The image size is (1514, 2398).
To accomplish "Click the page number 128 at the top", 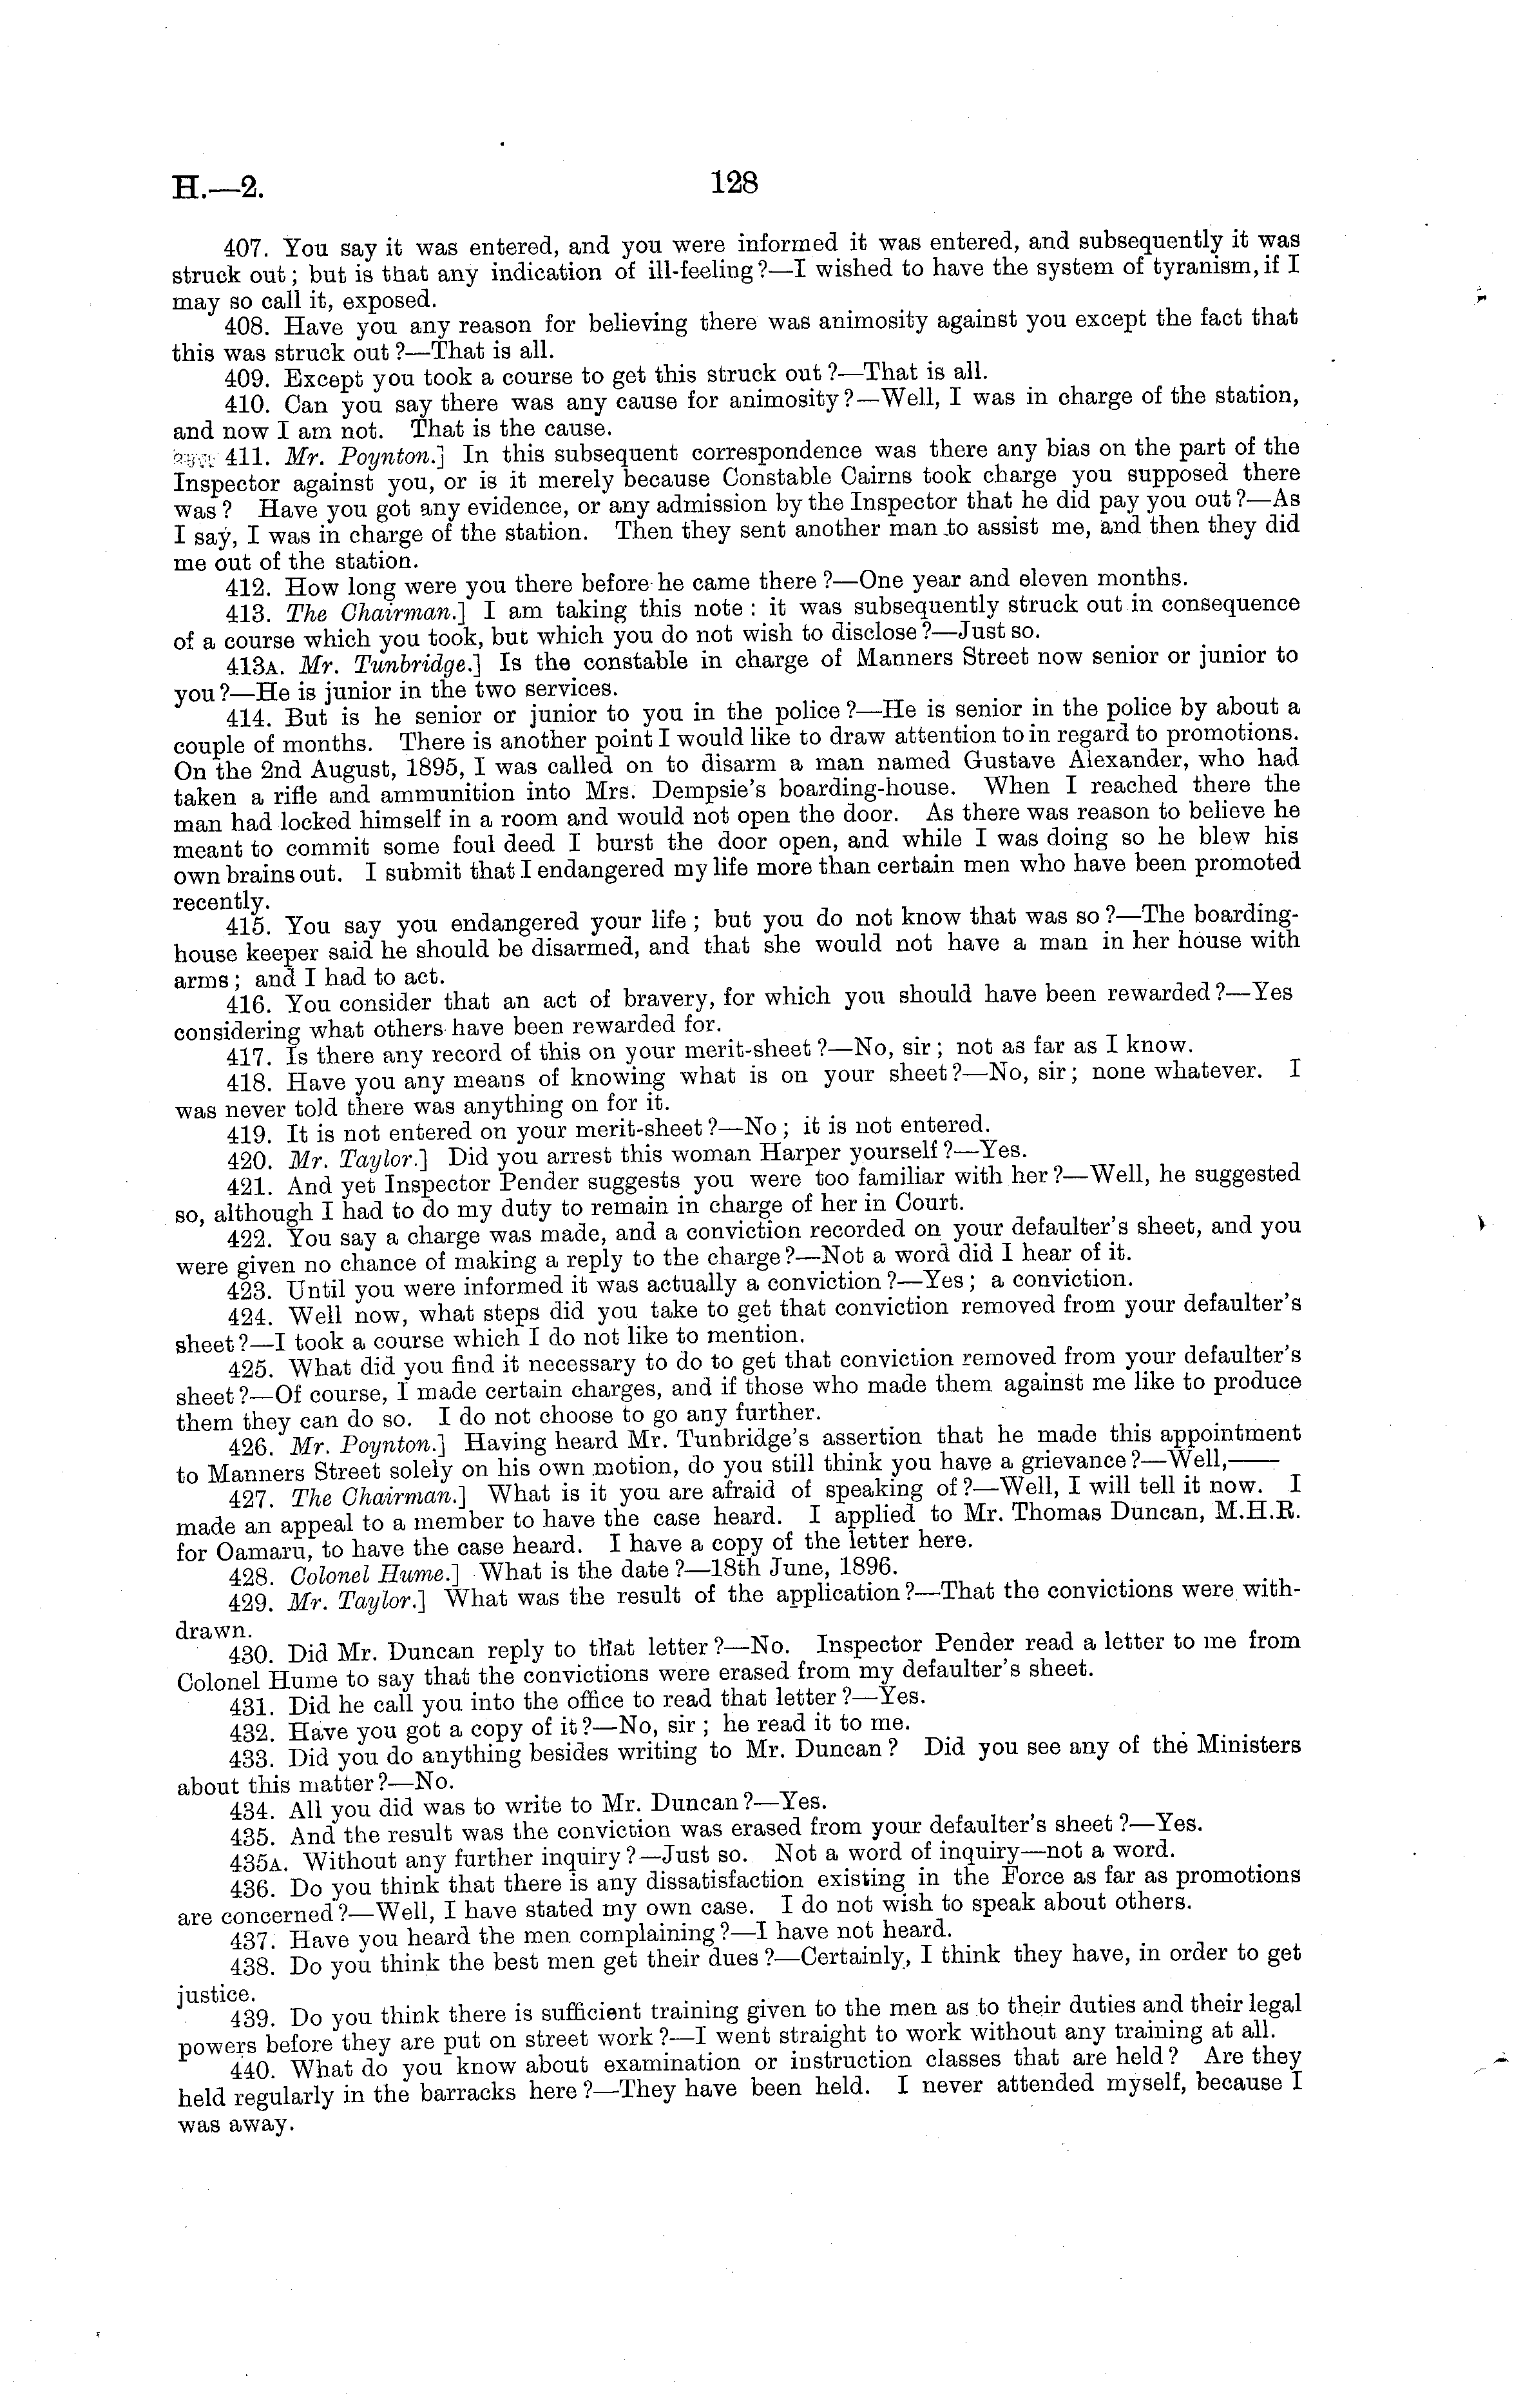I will (736, 182).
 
